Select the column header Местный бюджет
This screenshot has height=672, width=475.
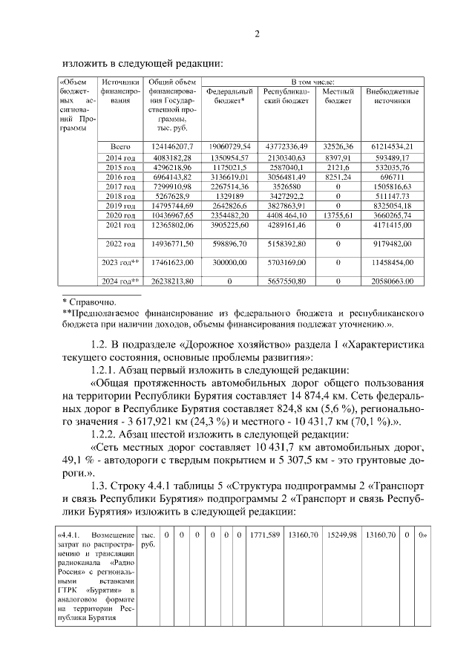[x=338, y=96]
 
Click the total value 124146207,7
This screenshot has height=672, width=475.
[x=172, y=146]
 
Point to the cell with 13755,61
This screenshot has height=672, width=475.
[x=338, y=215]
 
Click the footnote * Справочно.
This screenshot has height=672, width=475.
[x=88, y=302]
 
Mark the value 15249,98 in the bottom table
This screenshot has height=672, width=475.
[x=342, y=535]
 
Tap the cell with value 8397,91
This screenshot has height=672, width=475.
[x=338, y=158]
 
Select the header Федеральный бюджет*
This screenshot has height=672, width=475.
[x=229, y=96]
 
